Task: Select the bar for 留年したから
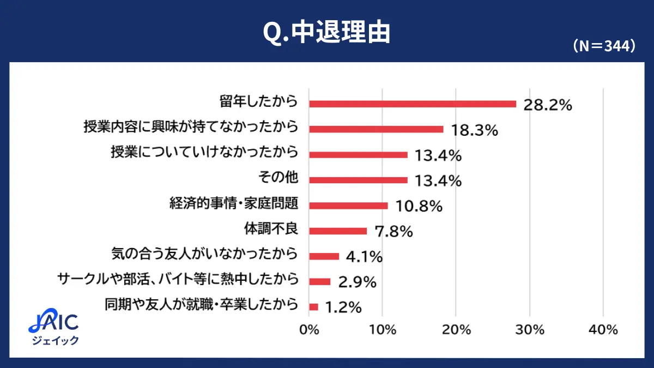click(x=413, y=104)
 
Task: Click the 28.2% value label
click(x=547, y=105)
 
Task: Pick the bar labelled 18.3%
click(x=376, y=129)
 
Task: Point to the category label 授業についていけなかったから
click(x=204, y=153)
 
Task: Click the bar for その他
click(x=358, y=180)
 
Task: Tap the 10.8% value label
click(x=418, y=207)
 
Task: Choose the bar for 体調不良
click(x=338, y=231)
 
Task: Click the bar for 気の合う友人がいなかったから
click(x=324, y=256)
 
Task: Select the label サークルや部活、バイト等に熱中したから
click(x=178, y=280)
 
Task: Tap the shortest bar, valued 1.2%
click(x=313, y=307)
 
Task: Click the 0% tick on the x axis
click(x=309, y=330)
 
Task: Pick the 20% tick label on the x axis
click(x=456, y=330)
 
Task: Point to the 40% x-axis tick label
click(x=603, y=330)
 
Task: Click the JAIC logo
click(x=53, y=323)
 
